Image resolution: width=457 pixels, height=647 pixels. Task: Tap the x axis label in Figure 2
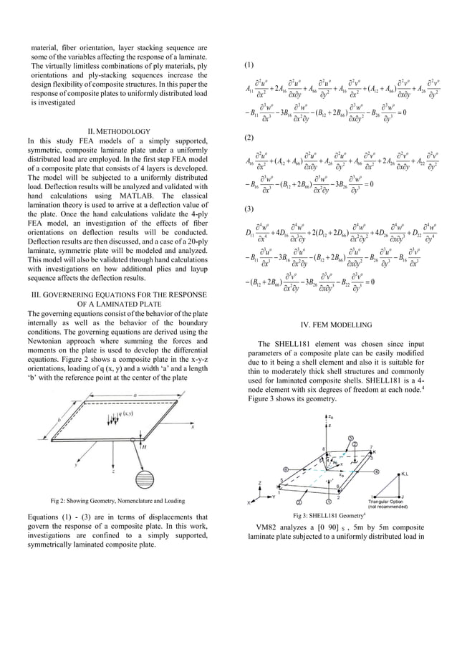192,427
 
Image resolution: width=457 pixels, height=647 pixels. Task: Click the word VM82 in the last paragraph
271,527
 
